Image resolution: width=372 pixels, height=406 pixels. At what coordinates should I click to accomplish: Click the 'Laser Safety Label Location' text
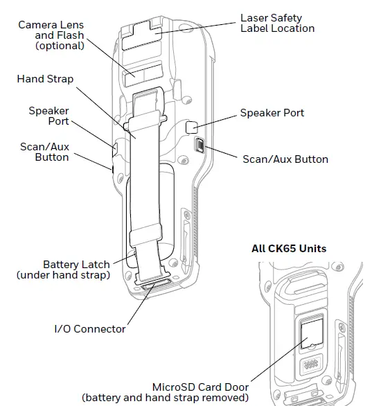coord(276,23)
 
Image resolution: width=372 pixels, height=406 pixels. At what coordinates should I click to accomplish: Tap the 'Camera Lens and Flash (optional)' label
coord(51,35)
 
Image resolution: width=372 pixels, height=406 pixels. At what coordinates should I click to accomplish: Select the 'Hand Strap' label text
coord(45,79)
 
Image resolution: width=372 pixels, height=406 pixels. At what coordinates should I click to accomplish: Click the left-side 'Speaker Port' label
coord(48,116)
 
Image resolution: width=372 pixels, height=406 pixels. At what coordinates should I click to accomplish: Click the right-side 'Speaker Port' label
coord(272,113)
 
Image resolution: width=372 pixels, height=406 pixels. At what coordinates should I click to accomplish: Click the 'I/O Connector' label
coord(90,328)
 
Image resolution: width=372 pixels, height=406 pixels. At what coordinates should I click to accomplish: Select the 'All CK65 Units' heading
coord(289,249)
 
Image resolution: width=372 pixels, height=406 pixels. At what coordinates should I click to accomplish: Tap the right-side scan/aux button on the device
coord(200,146)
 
